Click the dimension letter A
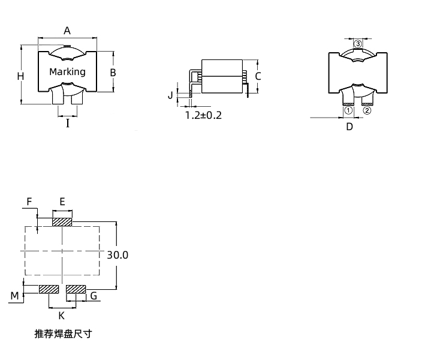[x=68, y=30]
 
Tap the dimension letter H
[x=20, y=76]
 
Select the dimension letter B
[x=113, y=72]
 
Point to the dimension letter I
[x=68, y=124]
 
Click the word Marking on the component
[x=67, y=71]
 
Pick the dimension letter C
[x=258, y=76]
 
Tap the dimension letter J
[x=170, y=95]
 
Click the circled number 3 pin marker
[x=358, y=44]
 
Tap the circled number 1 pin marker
[x=348, y=110]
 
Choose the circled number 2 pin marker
[x=367, y=110]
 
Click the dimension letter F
[x=29, y=201]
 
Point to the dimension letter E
[x=62, y=201]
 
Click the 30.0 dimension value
[x=118, y=254]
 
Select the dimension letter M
[x=15, y=295]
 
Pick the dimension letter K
[x=61, y=316]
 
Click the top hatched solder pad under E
[x=62, y=222]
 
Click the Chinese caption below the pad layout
[x=63, y=334]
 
